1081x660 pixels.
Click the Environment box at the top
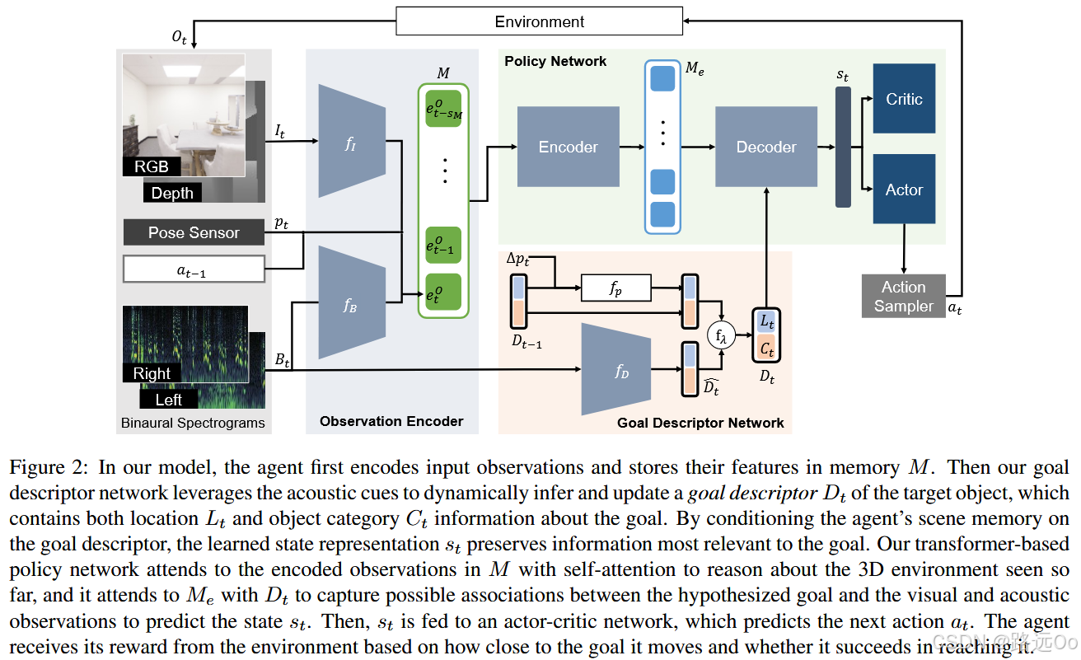540,21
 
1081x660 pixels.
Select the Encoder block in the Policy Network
568,147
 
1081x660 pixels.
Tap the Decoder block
765,147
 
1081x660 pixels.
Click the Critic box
904,99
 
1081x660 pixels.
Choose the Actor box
904,190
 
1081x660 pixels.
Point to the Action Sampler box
903,297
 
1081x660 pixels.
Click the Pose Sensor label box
194,232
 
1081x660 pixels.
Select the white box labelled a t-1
194,269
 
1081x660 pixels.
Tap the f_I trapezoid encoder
352,141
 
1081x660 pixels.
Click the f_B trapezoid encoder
352,302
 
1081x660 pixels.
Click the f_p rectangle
615,288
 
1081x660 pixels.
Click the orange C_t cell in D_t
766,349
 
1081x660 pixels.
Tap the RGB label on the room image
152,166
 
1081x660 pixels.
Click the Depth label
172,193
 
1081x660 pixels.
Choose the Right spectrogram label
152,373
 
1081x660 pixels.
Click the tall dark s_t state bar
842,147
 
